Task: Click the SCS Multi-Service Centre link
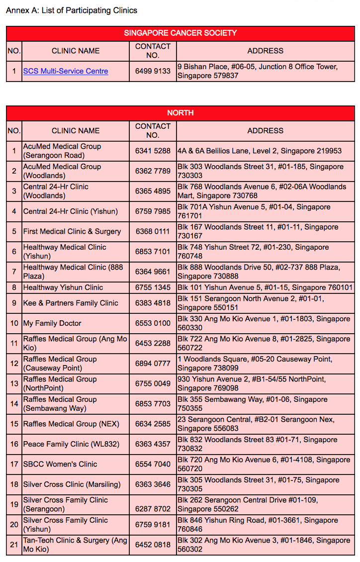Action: [x=66, y=71]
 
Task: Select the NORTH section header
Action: [x=180, y=113]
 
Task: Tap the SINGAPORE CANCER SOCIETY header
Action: [x=180, y=33]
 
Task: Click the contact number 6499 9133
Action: [x=153, y=71]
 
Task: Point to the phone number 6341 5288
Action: [x=153, y=151]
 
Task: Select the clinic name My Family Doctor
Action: [x=52, y=323]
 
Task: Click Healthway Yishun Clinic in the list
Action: [x=63, y=287]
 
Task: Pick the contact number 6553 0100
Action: [x=153, y=323]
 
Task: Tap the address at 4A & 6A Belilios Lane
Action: [x=260, y=151]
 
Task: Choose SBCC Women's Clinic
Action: [x=60, y=464]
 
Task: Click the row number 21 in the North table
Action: [x=14, y=545]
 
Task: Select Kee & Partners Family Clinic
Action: [x=71, y=303]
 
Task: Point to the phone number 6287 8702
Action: [x=153, y=509]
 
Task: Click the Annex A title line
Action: [x=72, y=10]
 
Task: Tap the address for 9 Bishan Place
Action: [x=258, y=71]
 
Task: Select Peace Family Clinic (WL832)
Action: [x=69, y=444]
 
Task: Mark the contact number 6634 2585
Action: [x=153, y=424]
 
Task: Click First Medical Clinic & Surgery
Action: [x=72, y=231]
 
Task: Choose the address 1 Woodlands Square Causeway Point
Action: [x=255, y=364]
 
